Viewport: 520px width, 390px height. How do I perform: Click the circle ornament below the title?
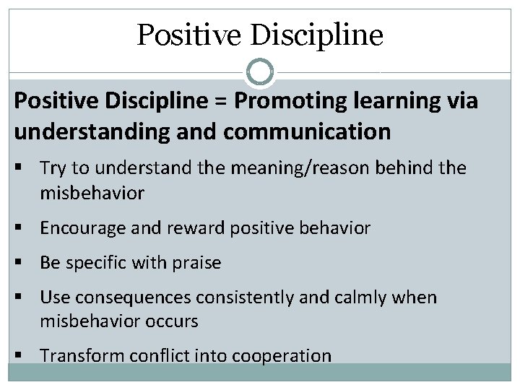260,71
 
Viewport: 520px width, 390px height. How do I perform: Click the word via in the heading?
462,102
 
